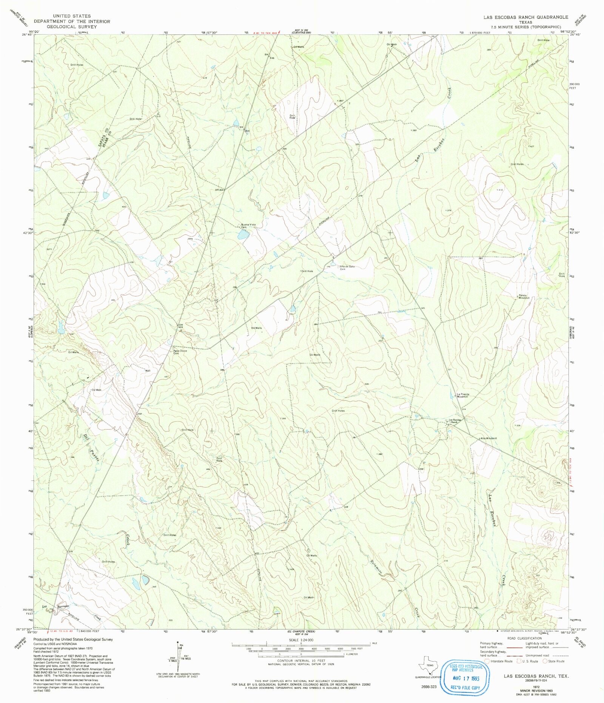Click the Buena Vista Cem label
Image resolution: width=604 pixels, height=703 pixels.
pos(248,226)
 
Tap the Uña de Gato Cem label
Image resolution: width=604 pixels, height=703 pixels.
pos(347,268)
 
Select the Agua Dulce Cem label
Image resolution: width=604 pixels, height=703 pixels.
pos(180,352)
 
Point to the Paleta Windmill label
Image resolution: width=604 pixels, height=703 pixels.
pos(524,296)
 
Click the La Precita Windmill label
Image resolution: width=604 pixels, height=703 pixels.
pos(462,396)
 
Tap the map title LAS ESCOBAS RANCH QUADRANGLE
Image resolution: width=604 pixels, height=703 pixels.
pos(525,17)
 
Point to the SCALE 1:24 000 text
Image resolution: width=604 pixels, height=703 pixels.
pos(301,640)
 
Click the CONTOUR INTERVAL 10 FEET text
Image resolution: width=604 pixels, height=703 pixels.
pos(301,661)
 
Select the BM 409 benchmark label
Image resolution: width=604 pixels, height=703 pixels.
pos(181,326)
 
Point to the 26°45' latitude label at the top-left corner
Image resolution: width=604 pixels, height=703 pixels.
pos(27,35)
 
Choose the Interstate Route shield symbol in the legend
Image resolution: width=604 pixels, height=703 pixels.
pos(487,661)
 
